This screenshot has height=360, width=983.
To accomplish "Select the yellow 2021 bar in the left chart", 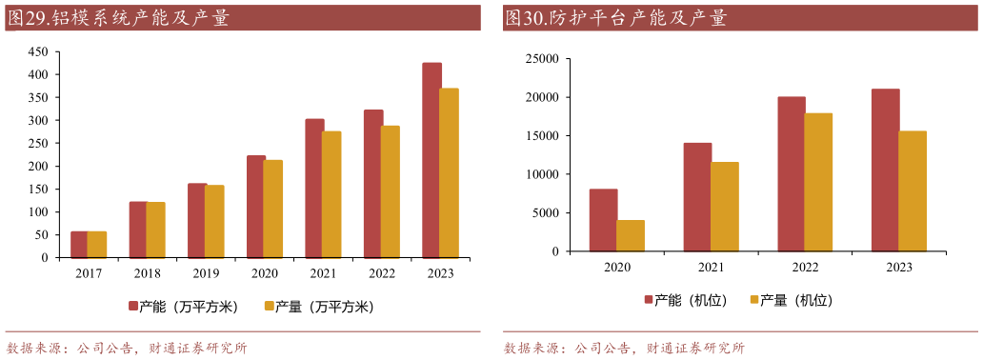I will coord(331,194).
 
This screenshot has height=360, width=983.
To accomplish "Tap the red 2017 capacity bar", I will coord(78,245).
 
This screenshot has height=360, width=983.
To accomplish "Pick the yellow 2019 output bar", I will coord(214,221).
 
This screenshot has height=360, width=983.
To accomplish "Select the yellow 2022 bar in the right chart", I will coord(818,183).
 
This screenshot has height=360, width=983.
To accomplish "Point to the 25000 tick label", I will coord(540,59).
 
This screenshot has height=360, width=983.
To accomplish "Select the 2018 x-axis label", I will coord(147,273).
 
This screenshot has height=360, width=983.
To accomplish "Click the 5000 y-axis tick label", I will coord(544,213).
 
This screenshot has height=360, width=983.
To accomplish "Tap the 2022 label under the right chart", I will coord(805,268).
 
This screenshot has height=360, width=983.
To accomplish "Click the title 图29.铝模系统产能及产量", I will coord(119,17).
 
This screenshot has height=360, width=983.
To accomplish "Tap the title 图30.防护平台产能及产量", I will coord(617,17).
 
